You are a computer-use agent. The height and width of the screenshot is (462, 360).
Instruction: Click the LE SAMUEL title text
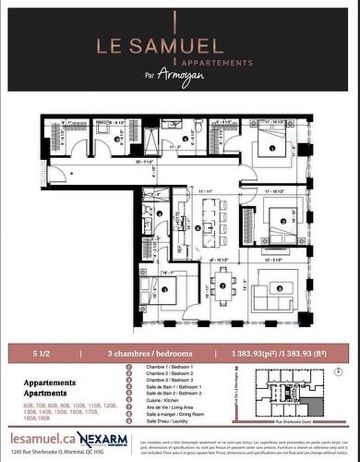pyautogui.click(x=179, y=43)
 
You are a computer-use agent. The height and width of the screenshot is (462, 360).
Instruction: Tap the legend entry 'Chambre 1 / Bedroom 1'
pyautogui.click(x=166, y=367)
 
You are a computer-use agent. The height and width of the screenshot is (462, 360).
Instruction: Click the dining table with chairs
pyautogui.click(x=222, y=284)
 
